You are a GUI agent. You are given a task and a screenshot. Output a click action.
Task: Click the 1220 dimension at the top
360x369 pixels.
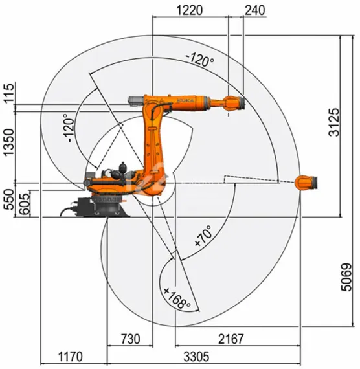(190, 10)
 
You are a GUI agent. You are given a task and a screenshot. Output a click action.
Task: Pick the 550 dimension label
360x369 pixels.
(8, 202)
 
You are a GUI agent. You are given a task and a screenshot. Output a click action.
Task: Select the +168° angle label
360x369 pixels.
(177, 298)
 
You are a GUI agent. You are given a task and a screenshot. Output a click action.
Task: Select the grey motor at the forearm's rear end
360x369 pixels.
(135, 102)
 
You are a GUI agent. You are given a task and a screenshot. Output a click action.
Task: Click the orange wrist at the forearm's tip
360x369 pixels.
(232, 103)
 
